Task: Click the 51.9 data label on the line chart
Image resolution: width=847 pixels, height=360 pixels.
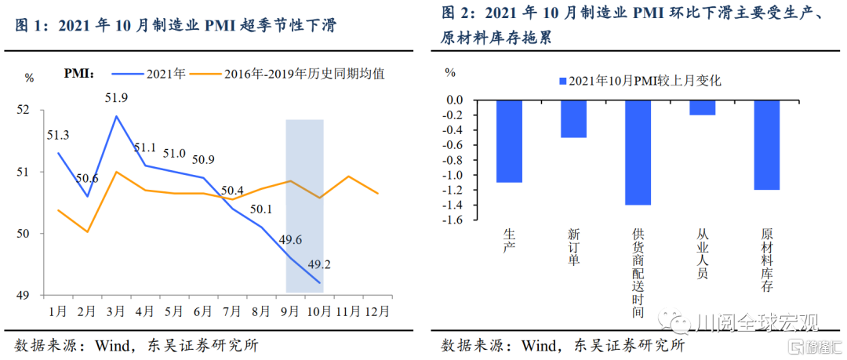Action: [x=117, y=98]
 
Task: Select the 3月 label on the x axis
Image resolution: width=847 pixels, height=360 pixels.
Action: [x=116, y=311]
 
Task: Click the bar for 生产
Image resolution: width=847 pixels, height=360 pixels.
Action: [x=509, y=141]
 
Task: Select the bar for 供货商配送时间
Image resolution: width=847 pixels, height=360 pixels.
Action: [x=638, y=152]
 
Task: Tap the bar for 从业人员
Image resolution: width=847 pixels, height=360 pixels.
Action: [x=702, y=107]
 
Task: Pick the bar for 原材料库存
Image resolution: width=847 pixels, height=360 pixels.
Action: [x=766, y=145]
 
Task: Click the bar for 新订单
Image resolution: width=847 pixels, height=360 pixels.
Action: [x=573, y=118]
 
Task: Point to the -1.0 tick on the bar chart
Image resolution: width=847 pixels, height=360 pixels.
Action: [x=454, y=175]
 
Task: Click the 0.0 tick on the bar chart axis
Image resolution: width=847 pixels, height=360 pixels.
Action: [x=456, y=100]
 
